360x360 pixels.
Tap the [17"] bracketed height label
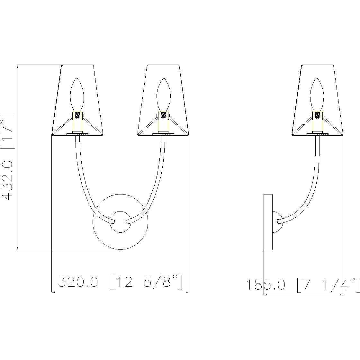click(8, 131)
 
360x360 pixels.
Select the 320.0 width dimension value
click(78, 282)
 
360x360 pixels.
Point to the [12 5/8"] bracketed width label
click(146, 282)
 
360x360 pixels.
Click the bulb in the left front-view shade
click(77, 94)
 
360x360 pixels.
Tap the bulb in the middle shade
click(163, 94)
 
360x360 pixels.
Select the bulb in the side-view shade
click(317, 94)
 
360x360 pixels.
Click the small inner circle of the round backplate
click(120, 222)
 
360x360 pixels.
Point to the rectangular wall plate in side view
click(268, 222)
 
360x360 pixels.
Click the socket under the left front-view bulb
click(77, 120)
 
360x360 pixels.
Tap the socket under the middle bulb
click(163, 120)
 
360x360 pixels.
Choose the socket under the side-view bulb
click(317, 120)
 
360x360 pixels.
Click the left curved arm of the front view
click(83, 186)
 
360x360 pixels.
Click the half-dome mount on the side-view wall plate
click(277, 222)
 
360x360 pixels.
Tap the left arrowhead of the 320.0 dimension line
click(54, 292)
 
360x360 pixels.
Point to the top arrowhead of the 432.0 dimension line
click(17, 67)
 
